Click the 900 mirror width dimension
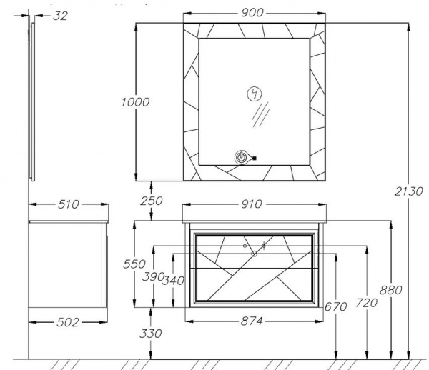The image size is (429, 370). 252,13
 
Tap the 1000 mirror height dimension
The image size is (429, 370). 135,102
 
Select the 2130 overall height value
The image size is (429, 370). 408,191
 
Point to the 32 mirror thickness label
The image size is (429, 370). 60,16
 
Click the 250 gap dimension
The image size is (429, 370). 152,201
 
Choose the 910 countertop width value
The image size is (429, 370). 252,204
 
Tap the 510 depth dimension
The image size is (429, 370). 69,204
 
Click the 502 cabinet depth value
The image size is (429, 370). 68,322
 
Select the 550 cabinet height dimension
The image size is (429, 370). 134,264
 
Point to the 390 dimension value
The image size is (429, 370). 153,277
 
